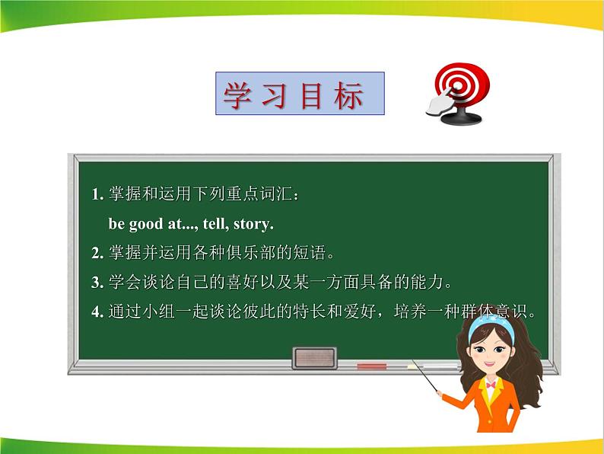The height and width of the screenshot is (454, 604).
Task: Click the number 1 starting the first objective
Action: click(x=96, y=194)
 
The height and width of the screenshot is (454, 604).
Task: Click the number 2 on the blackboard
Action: click(x=96, y=253)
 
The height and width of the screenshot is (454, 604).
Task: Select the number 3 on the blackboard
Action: click(x=96, y=283)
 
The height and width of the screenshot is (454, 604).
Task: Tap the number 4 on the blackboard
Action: click(x=96, y=312)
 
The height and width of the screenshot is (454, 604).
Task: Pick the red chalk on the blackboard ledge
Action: click(x=372, y=366)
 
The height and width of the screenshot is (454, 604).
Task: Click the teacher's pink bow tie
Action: click(x=492, y=386)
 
